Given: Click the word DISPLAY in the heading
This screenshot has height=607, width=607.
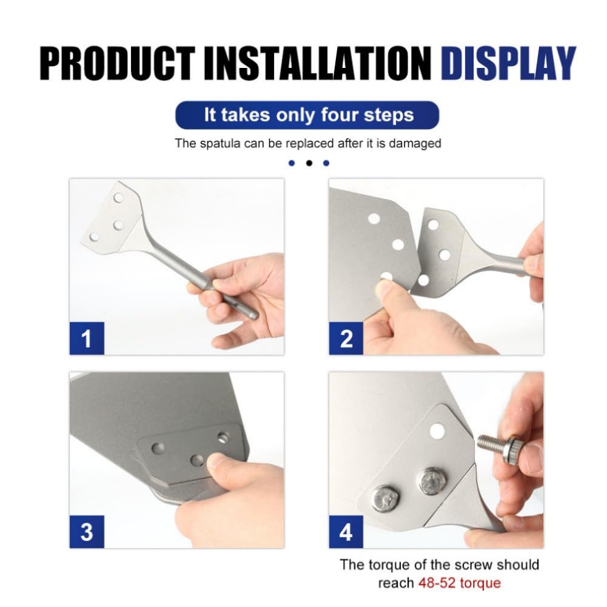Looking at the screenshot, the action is click(x=508, y=64).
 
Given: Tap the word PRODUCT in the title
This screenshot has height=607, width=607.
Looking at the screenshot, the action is click(x=117, y=64).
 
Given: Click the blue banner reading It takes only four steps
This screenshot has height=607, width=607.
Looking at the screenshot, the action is click(x=307, y=115).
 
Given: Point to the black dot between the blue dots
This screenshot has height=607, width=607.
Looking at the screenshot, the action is click(x=309, y=163).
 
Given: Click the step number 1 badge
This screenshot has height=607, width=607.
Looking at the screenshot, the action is click(x=87, y=338).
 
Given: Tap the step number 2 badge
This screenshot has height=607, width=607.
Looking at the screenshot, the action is click(x=346, y=338).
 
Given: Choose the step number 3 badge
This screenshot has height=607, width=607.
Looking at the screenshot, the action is click(x=87, y=532).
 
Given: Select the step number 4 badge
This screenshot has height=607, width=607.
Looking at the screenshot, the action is click(x=346, y=532).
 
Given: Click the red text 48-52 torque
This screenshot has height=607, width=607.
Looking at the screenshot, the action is click(x=460, y=583).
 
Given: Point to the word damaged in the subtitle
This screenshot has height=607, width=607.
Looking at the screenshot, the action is click(x=415, y=144).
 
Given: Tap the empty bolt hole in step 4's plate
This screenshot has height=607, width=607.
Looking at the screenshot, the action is click(x=437, y=431).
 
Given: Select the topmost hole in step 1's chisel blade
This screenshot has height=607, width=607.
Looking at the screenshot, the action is click(x=118, y=198).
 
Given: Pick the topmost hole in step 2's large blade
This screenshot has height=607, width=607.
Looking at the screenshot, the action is click(x=374, y=219).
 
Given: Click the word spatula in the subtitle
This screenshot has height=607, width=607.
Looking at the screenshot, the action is click(x=221, y=144).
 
